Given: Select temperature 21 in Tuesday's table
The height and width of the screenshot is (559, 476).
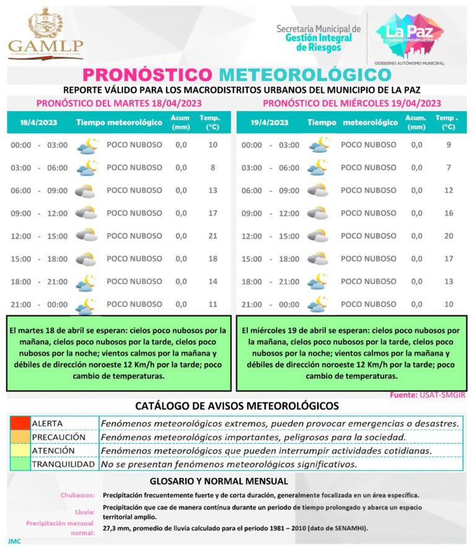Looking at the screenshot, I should (213, 236).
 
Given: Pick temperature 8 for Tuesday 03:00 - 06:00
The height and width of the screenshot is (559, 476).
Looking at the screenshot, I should (213, 167).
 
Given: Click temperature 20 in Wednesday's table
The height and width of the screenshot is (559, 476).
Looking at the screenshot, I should (448, 236).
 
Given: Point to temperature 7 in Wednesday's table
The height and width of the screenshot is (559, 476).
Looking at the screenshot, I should (448, 168).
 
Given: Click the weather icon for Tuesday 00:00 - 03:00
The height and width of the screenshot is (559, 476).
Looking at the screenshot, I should (87, 146).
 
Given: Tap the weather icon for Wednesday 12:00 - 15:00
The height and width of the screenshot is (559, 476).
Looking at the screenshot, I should (319, 236).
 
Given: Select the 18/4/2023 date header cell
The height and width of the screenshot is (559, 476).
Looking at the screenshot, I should (38, 123).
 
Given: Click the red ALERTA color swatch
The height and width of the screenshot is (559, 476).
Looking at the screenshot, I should (20, 423).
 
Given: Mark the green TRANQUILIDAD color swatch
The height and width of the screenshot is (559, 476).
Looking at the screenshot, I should (20, 464).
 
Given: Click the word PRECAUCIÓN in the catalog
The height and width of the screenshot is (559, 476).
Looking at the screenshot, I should (59, 437).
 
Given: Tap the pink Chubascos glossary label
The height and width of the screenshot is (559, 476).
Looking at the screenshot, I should (78, 495).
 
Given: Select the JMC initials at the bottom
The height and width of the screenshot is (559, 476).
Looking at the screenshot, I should (14, 541).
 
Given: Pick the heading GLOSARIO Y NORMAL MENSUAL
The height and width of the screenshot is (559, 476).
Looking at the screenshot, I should (219, 481).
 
